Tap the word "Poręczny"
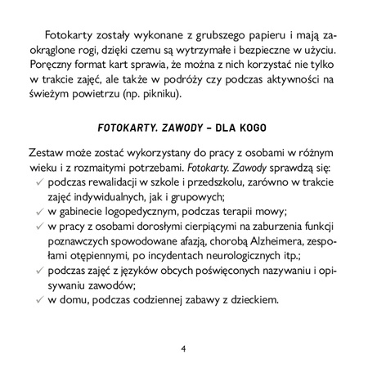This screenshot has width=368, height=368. click(x=48, y=68)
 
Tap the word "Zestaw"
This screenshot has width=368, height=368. click(x=45, y=156)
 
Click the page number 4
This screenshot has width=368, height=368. click(x=184, y=349)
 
